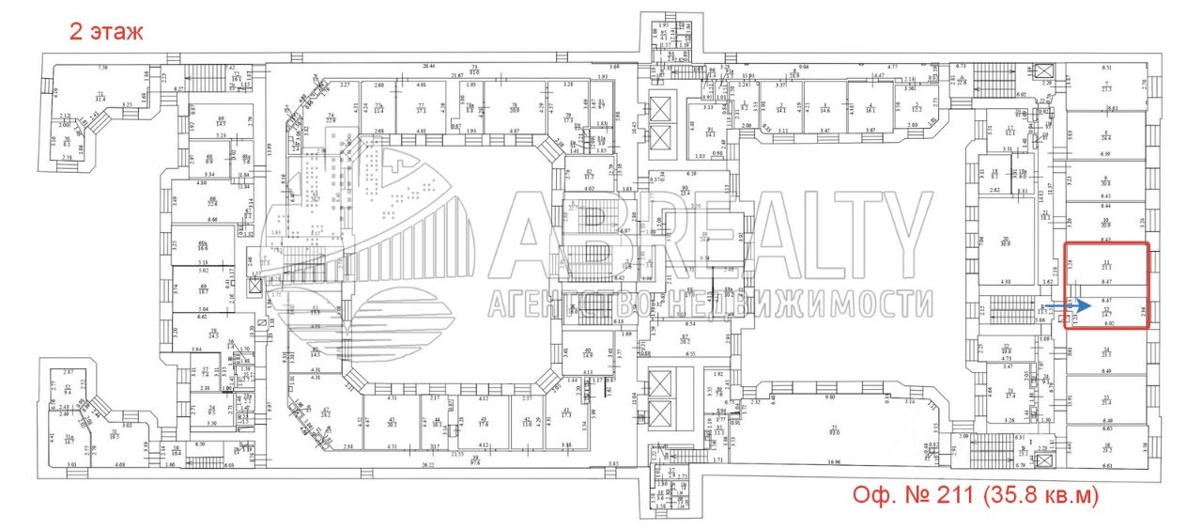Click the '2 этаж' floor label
(106, 32)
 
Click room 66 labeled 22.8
(212, 201)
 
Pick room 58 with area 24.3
(213, 334)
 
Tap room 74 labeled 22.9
(331, 118)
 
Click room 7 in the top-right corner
(1106, 86)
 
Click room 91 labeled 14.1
(710, 132)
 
